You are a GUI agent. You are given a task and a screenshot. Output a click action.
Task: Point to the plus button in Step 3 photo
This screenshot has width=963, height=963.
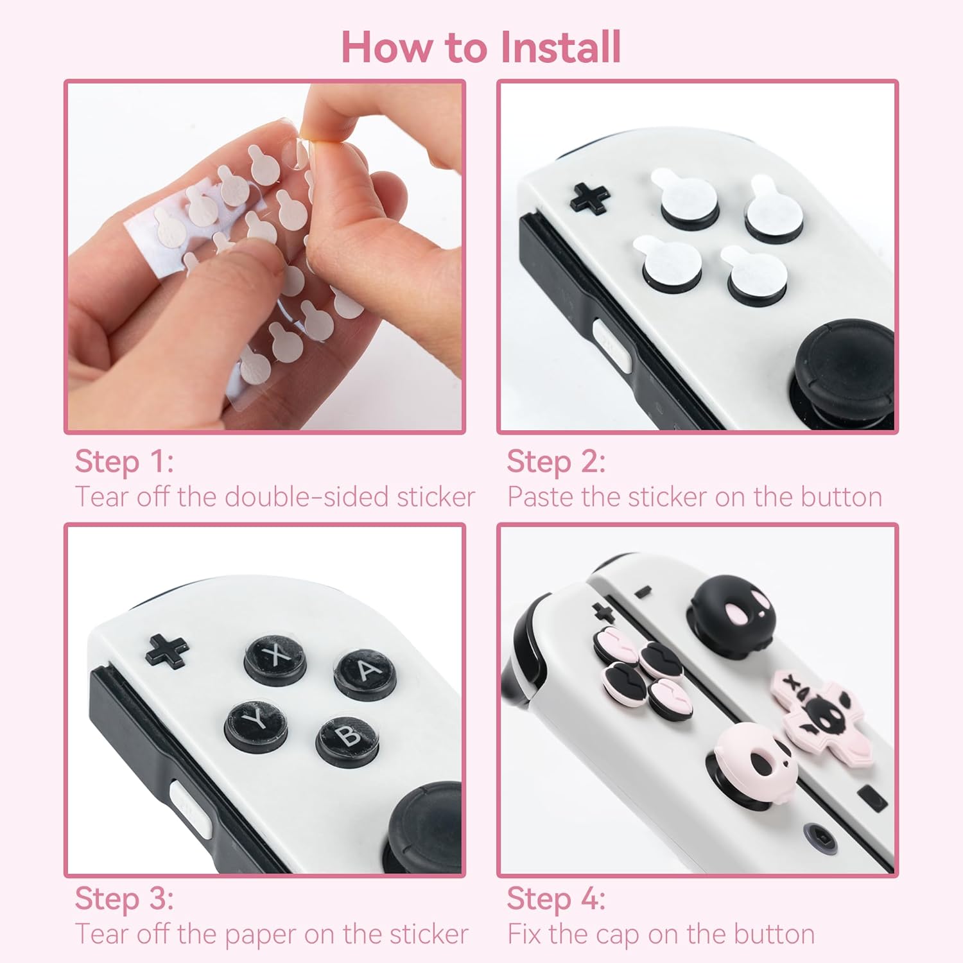tap(167, 650)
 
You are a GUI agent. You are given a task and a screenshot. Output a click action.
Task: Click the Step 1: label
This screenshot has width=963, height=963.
tap(125, 461)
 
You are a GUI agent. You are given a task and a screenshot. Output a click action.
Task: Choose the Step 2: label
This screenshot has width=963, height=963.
tap(556, 461)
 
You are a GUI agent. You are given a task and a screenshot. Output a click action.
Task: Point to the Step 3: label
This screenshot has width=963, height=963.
tap(125, 898)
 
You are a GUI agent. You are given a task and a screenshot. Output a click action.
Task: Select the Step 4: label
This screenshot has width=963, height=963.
tap(556, 898)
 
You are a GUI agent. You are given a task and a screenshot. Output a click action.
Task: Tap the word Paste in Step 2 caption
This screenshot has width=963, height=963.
tap(539, 497)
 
